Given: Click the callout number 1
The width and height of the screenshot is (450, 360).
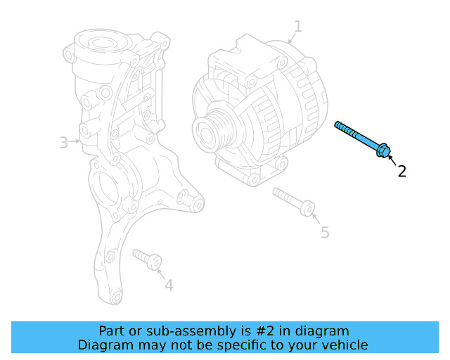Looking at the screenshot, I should [297, 27].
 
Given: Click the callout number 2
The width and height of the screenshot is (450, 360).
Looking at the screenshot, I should [401, 171].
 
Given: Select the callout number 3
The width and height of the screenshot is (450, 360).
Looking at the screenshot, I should [63, 143].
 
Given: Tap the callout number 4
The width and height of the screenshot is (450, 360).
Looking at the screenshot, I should [168, 285].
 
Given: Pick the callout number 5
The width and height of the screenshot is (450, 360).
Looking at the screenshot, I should [324, 232].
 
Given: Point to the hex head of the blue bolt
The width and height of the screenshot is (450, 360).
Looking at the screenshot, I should [382, 150].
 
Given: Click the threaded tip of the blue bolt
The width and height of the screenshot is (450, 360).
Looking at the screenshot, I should [340, 126].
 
